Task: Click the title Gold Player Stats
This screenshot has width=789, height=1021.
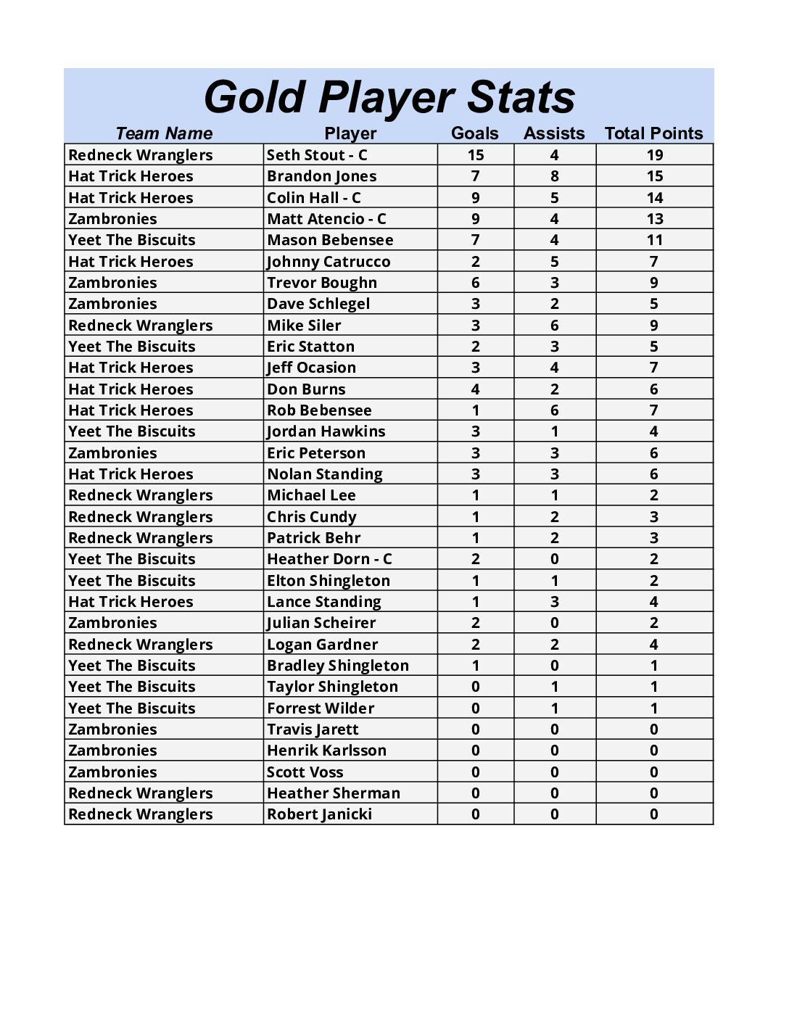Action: click(x=389, y=97)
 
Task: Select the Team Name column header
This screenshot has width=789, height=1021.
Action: click(x=164, y=133)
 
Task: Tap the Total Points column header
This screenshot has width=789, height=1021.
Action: click(x=653, y=133)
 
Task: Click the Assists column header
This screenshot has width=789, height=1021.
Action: click(x=554, y=133)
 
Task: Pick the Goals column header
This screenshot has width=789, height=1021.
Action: click(x=475, y=133)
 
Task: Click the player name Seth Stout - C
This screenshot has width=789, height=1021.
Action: click(x=317, y=154)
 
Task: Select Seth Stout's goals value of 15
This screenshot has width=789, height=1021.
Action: click(x=476, y=154)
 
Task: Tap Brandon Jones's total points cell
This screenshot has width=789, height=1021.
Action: click(x=654, y=176)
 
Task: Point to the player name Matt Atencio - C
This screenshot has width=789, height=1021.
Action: click(x=326, y=219)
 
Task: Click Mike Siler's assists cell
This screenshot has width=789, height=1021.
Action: click(x=555, y=326)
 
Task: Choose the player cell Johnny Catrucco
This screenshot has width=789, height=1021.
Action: click(x=329, y=262)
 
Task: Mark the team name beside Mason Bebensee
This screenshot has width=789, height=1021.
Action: click(x=132, y=240)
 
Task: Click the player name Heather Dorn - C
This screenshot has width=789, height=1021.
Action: click(x=329, y=559)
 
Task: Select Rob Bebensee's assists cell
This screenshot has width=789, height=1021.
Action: click(x=555, y=410)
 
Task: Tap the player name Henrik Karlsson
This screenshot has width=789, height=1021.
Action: click(x=326, y=751)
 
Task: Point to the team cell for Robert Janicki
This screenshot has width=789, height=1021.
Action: click(x=141, y=814)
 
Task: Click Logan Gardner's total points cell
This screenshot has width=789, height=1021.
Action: click(x=654, y=645)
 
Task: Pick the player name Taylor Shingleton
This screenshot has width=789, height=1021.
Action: click(x=332, y=687)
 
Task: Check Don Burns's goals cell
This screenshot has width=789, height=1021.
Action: click(x=476, y=389)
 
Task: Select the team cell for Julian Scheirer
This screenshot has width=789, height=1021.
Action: click(x=112, y=623)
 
